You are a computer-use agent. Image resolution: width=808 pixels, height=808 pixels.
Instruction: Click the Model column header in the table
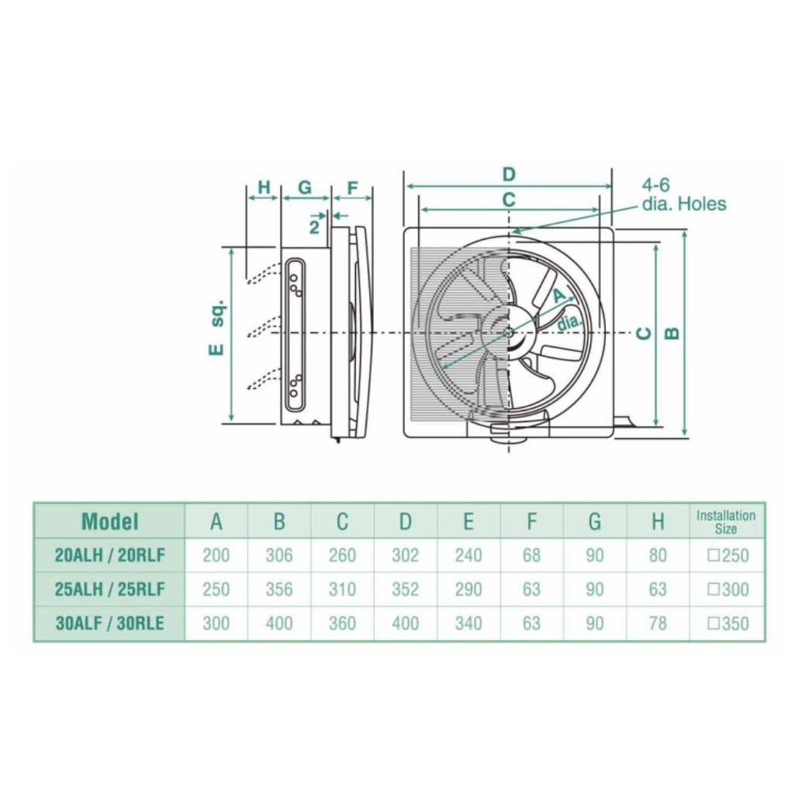click(110, 521)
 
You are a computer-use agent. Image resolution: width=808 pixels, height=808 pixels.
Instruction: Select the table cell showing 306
click(279, 555)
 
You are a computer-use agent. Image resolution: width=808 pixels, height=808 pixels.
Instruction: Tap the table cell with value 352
click(406, 589)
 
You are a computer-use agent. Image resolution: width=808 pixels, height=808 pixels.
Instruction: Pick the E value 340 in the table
click(469, 623)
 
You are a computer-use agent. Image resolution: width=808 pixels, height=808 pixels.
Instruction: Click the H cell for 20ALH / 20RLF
click(658, 555)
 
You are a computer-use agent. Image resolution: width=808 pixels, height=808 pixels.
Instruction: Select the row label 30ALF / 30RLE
click(110, 623)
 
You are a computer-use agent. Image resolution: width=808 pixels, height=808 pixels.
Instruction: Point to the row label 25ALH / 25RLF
click(110, 589)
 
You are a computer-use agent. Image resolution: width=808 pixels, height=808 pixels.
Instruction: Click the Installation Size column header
click(726, 522)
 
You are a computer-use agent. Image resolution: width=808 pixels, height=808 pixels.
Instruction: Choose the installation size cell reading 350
click(728, 623)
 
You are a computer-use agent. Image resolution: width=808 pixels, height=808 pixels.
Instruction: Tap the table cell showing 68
click(532, 555)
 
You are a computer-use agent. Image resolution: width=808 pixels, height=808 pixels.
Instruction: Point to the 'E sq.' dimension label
click(218, 327)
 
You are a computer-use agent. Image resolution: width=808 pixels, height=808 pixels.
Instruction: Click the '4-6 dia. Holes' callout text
click(682, 196)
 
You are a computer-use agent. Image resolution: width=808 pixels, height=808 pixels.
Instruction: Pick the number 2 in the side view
click(314, 227)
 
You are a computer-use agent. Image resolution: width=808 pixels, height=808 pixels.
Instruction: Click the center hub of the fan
click(508, 333)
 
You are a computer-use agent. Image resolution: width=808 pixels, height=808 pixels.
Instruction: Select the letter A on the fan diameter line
click(558, 296)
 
